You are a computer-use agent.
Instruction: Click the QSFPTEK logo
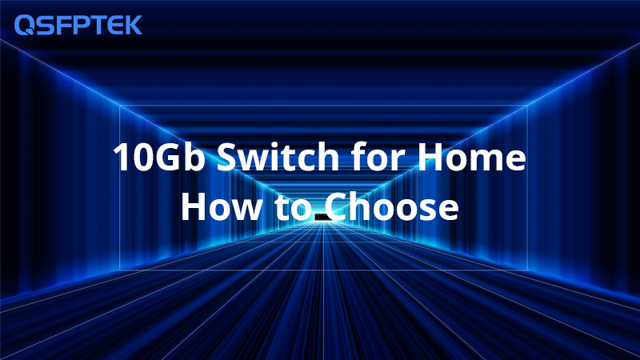click(78, 25)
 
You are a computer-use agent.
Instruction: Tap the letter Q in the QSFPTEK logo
click(24, 26)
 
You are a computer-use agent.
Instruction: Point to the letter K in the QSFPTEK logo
click(134, 25)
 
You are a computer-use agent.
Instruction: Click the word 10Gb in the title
click(158, 157)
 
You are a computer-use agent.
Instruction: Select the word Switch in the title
click(278, 156)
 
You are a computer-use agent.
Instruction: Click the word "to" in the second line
click(293, 208)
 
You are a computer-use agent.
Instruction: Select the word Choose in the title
click(392, 206)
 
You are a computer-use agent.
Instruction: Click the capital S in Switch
click(227, 157)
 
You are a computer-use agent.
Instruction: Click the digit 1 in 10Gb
click(122, 157)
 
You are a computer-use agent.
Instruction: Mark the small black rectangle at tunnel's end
click(323, 217)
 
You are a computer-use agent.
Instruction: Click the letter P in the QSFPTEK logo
click(78, 25)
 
